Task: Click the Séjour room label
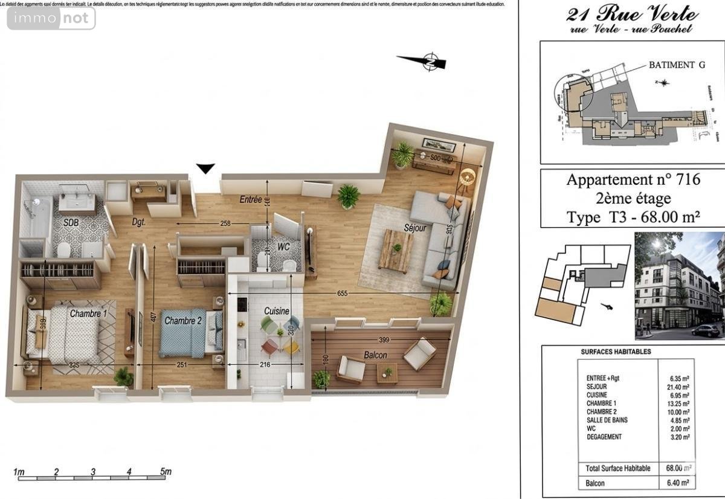click(415, 228)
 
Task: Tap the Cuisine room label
click(276, 311)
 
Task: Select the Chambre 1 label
click(88, 314)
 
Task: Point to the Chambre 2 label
click(183, 321)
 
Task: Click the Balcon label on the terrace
click(375, 355)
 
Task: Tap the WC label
click(282, 247)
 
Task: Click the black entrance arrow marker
click(206, 169)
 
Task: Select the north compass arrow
click(422, 61)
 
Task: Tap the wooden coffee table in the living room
click(396, 250)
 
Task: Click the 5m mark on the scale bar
click(164, 472)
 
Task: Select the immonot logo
click(51, 18)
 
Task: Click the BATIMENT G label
click(672, 65)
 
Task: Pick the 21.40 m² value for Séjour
click(679, 387)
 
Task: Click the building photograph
click(678, 285)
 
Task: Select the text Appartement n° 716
click(633, 179)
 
